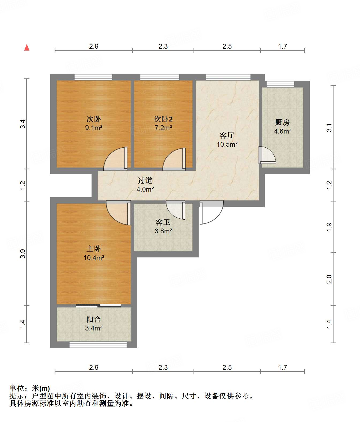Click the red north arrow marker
[x=27, y=47]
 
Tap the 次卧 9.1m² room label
[x=94, y=123]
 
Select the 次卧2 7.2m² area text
[x=163, y=123]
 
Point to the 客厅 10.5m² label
[x=227, y=140]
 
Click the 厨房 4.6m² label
[x=283, y=127]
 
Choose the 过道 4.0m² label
[x=145, y=185]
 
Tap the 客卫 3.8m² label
[x=163, y=226]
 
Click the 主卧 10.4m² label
[x=94, y=253]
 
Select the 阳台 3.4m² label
[x=94, y=324]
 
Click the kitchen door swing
[x=267, y=155]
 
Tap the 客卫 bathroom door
[x=176, y=210]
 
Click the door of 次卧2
[x=174, y=159]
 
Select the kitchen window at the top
[x=280, y=84]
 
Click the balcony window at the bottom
[x=98, y=345]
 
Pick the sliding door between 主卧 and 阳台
[x=98, y=306]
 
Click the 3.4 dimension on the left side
[x=23, y=124]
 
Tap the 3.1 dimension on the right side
[x=329, y=128]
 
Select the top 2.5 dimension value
[x=227, y=47]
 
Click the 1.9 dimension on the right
[x=329, y=227]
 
